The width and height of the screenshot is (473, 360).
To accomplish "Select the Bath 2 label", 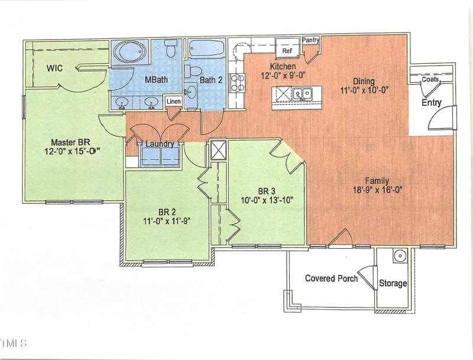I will click(x=210, y=80).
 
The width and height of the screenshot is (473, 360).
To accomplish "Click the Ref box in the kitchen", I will click(x=287, y=51).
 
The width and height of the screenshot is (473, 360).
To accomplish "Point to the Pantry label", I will click(x=310, y=40).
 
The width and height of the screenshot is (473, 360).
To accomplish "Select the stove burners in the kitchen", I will click(x=237, y=83).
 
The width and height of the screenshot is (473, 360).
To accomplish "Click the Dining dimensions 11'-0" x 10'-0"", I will click(x=364, y=90).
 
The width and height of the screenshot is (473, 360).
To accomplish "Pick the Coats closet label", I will click(x=430, y=79).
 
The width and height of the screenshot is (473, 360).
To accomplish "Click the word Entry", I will click(x=431, y=103).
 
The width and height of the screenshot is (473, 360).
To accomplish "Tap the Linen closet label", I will click(x=173, y=102).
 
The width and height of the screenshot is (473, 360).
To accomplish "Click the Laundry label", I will click(x=158, y=144).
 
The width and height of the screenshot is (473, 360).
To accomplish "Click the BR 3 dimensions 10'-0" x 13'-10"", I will click(x=267, y=199).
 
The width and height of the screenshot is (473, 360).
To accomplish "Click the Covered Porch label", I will click(x=331, y=278).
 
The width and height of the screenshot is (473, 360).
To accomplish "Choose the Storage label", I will click(x=393, y=283).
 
